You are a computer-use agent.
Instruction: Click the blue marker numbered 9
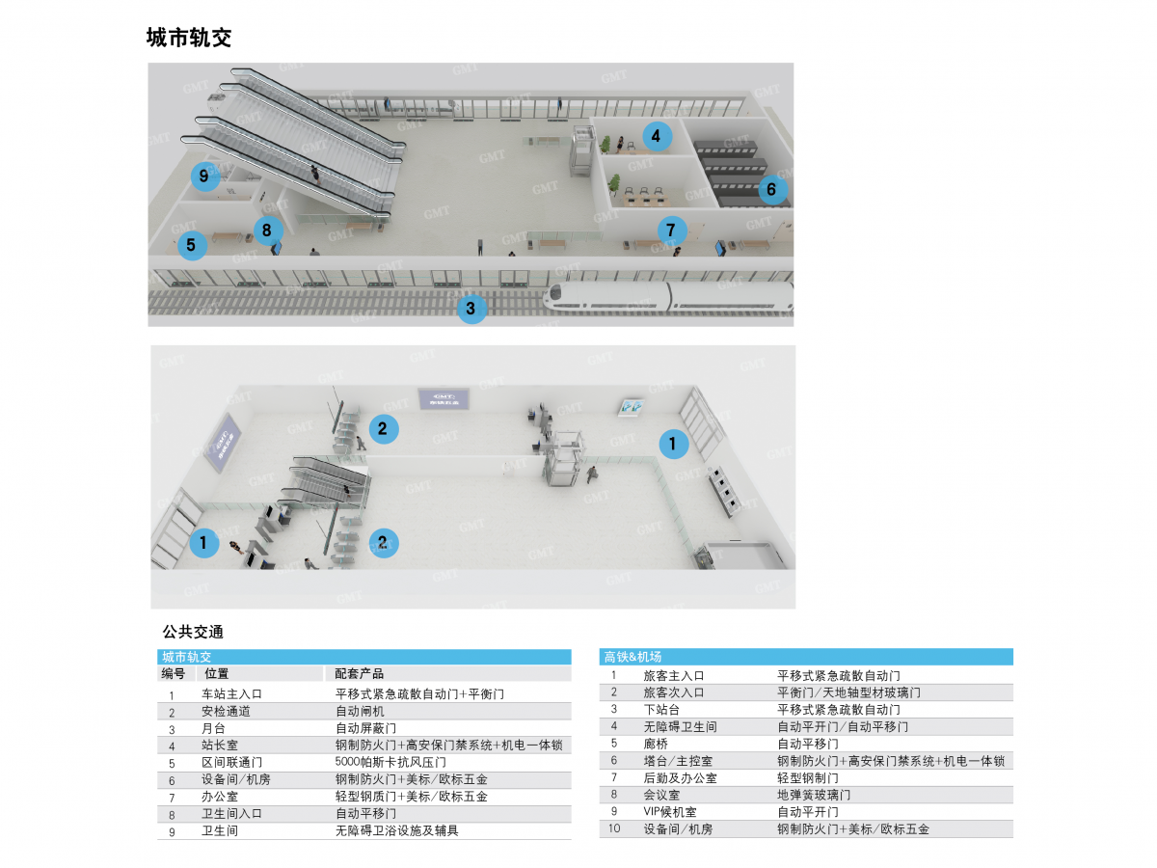204,176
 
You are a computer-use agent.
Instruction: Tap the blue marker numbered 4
657,137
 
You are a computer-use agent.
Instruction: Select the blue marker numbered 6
772,189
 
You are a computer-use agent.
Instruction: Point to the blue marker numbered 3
471,309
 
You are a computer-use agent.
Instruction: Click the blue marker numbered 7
671,231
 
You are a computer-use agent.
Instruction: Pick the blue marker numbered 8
268,231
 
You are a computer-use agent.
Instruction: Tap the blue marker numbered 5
192,245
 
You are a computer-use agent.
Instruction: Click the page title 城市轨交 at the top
189,38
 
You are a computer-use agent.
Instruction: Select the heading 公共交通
193,632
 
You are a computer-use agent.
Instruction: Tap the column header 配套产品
359,673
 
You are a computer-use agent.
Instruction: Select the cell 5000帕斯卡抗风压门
390,762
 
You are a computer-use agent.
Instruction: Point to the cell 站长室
220,746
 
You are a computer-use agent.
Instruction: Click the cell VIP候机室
670,812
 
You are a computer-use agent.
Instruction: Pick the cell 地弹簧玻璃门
814,795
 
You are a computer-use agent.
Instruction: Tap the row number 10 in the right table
614,828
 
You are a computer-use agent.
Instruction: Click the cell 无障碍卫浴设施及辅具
397,830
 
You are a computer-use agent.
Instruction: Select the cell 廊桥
656,744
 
